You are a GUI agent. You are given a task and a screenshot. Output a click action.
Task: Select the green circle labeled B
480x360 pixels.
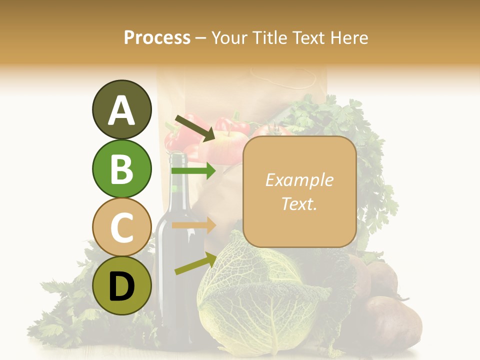121,168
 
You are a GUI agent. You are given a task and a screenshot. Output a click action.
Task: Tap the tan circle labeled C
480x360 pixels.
121,227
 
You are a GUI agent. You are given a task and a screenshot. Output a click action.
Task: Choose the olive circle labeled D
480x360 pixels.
121,285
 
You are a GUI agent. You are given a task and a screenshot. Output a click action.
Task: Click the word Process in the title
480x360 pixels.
157,37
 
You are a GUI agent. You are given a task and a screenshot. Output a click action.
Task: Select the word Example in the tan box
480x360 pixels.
299,180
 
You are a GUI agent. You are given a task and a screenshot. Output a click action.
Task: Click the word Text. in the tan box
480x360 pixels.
299,203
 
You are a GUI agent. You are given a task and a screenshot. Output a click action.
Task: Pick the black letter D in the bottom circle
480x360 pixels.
121,286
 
